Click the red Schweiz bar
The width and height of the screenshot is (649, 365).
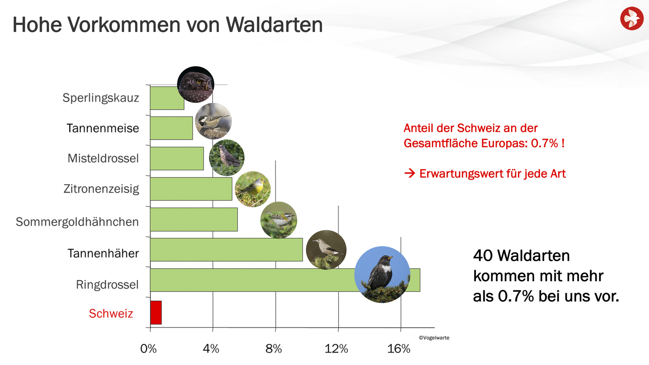click(156, 312)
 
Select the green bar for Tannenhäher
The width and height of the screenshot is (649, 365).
click(226, 250)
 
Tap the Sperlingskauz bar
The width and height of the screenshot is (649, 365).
click(167, 98)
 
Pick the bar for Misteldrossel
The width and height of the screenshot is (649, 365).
click(176, 158)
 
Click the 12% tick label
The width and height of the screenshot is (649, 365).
click(336, 348)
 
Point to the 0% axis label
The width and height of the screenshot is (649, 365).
click(148, 348)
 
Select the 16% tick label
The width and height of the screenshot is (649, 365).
click(399, 348)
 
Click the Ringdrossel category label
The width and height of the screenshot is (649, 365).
click(107, 284)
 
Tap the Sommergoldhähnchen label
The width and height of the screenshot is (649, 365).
click(77, 222)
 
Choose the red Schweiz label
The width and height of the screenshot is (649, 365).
click(111, 314)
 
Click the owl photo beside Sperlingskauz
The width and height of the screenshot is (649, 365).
click(196, 84)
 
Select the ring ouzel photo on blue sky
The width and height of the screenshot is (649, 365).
click(382, 274)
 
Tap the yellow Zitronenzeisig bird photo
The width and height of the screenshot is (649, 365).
click(253, 189)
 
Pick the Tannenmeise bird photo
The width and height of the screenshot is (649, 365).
click(213, 121)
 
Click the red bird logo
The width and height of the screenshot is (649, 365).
click(632, 18)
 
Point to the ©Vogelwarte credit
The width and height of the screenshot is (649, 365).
click(434, 337)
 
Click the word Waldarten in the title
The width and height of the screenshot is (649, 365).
click(274, 25)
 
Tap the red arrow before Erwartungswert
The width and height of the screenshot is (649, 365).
click(410, 173)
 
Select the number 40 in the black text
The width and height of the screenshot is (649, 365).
click(483, 256)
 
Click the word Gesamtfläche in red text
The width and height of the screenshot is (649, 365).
click(441, 143)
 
